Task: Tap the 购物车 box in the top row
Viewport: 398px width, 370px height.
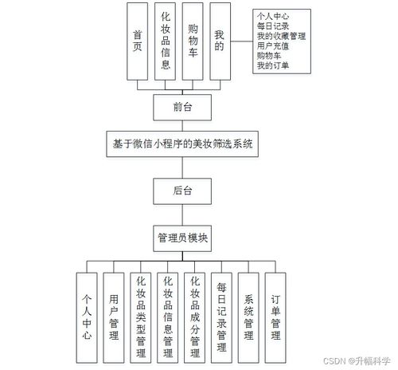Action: (x=193, y=40)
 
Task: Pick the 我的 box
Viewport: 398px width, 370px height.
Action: (x=220, y=40)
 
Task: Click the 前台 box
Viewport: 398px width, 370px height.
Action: (x=181, y=105)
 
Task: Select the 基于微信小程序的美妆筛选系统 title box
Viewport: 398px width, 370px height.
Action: (x=182, y=145)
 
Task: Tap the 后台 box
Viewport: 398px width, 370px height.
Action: (x=181, y=191)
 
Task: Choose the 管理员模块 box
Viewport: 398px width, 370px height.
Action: (x=182, y=238)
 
